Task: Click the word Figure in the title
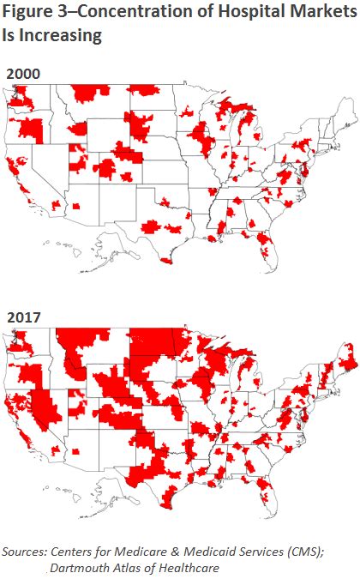[x=27, y=15]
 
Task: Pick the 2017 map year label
[x=23, y=317]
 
